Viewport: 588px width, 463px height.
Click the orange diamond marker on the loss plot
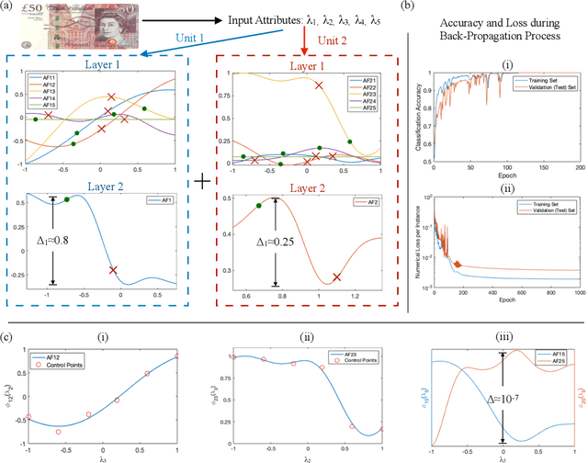tap(458, 265)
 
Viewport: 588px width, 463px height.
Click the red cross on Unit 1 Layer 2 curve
tap(113, 270)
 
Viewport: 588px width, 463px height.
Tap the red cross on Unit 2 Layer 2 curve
tap(336, 277)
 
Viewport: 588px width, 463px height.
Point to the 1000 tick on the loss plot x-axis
tap(578, 294)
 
